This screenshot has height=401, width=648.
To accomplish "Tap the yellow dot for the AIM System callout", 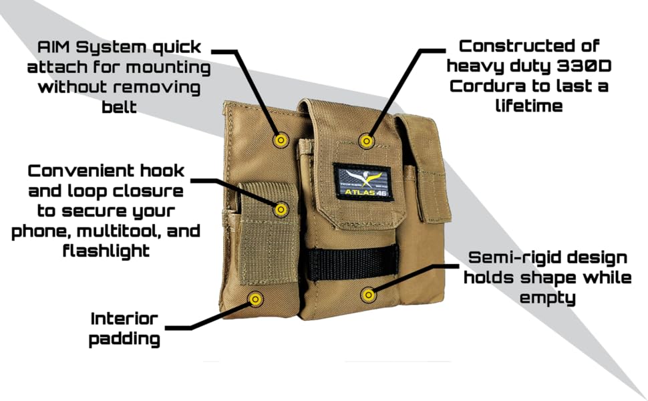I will tap(281, 140).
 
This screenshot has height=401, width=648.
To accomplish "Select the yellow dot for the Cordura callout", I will tap(365, 140).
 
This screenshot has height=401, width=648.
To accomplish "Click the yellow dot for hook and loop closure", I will tap(281, 209).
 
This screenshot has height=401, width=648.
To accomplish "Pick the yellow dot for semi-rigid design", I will tap(367, 294).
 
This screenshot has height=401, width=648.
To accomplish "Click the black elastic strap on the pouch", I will tap(353, 262).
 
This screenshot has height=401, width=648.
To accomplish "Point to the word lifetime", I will tap(528, 106).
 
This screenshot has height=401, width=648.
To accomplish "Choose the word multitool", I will tap(118, 231).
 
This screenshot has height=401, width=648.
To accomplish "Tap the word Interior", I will tap(124, 318).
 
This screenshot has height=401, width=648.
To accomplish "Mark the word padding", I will tap(124, 339).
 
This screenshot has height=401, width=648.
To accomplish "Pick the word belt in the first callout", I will tap(120, 107).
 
